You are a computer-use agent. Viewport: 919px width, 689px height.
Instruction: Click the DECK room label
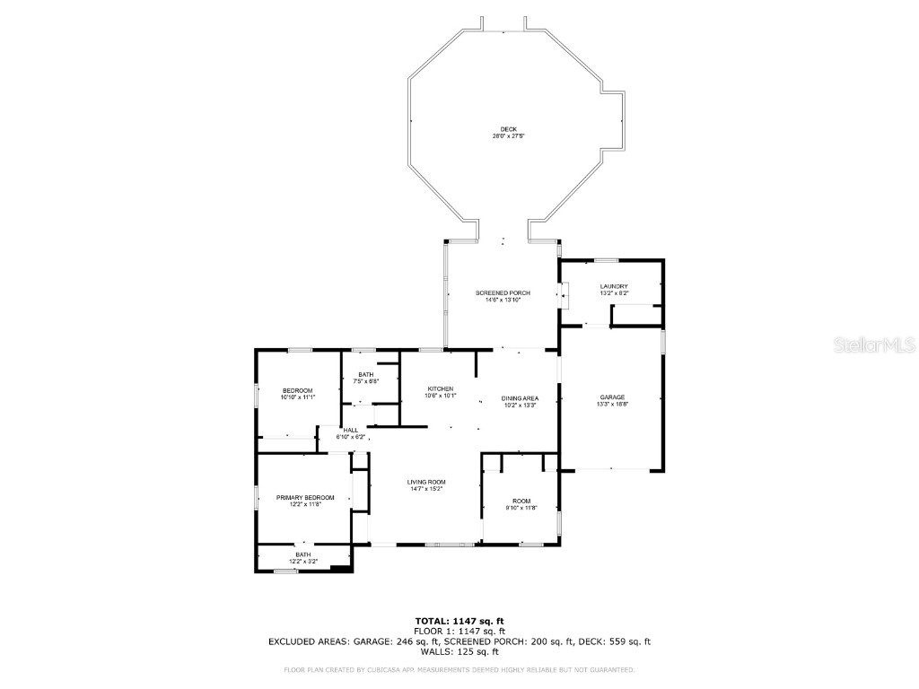point(508,128)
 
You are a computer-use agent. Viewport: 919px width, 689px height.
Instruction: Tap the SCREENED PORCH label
point(503,293)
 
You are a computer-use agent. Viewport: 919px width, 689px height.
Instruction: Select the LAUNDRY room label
point(614,286)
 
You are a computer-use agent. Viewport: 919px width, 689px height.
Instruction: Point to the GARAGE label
point(612,397)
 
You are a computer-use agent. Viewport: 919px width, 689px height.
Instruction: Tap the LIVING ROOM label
point(426,482)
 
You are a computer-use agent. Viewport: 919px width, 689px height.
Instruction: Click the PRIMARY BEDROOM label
point(305,497)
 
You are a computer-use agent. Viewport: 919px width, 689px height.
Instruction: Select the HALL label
point(350,430)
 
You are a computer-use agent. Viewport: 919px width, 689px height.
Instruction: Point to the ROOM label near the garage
point(521,501)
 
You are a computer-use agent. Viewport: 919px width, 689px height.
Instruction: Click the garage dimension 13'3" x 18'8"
point(612,405)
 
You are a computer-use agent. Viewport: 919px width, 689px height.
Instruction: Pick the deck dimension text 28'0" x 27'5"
point(508,135)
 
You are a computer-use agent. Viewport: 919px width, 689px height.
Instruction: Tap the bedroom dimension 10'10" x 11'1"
point(297,397)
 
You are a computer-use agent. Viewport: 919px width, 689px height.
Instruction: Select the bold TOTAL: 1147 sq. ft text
point(459,621)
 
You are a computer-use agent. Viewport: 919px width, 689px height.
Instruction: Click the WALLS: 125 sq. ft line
point(459,652)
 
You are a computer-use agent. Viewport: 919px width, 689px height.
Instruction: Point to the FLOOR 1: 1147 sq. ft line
point(459,631)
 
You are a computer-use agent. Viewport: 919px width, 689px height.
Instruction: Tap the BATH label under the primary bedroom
point(303,554)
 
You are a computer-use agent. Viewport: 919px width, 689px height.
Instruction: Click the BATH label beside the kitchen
point(365,374)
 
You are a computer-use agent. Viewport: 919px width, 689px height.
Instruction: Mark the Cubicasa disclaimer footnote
point(459,669)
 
